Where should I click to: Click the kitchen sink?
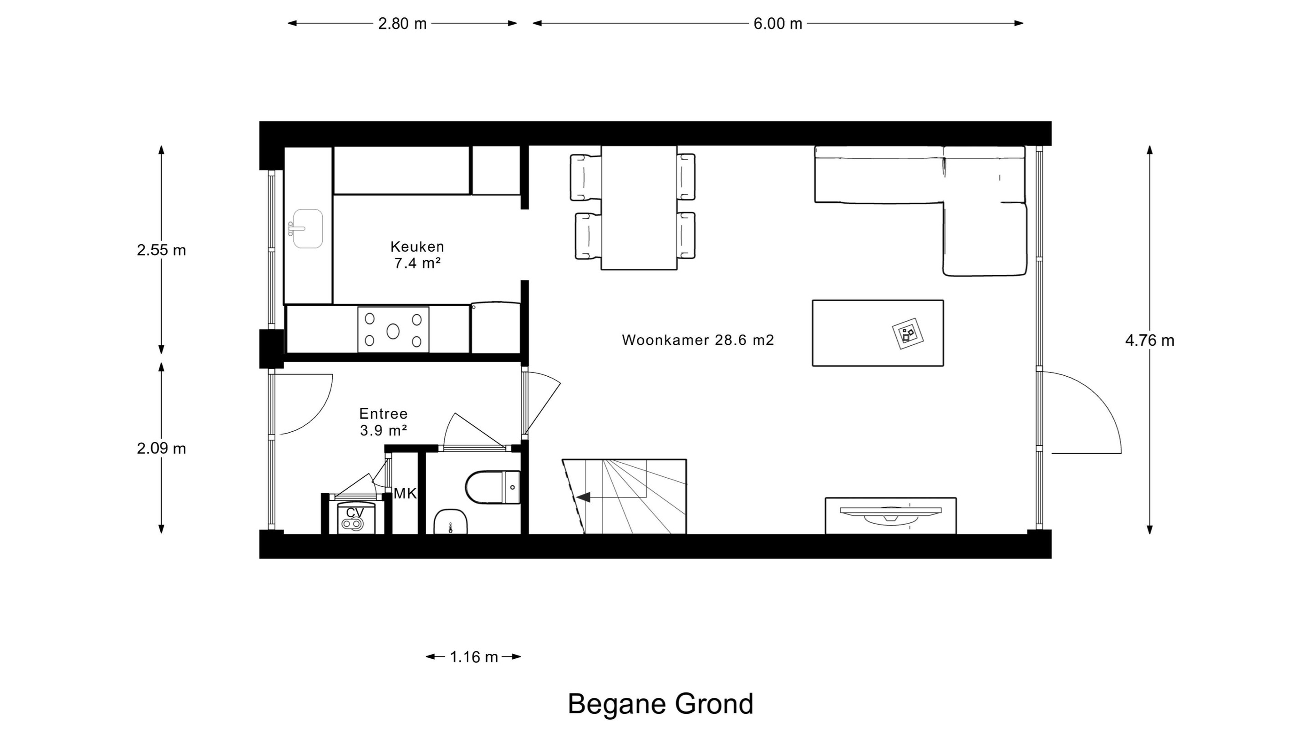(x=307, y=228)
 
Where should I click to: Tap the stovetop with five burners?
(x=393, y=329)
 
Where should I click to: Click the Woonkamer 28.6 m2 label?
(x=698, y=340)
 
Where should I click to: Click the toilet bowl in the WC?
(x=493, y=487)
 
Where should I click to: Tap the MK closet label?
(x=405, y=493)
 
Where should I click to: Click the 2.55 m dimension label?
(x=161, y=250)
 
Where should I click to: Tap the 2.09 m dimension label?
(x=161, y=448)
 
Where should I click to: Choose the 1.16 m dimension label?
(x=473, y=657)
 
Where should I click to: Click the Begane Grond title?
(x=660, y=704)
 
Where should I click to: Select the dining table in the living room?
(x=639, y=207)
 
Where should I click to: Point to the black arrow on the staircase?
(x=583, y=497)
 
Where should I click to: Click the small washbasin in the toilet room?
(x=450, y=522)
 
